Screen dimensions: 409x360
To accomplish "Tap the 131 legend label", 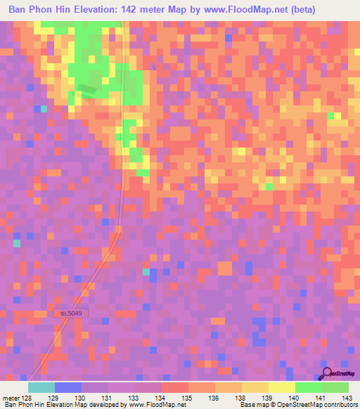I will [108, 397].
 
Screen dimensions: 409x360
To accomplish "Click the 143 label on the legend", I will [348, 397].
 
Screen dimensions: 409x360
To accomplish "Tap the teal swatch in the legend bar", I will [41, 387].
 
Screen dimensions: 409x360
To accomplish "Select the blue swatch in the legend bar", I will [67, 387].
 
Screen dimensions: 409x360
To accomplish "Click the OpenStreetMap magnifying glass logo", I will [326, 372].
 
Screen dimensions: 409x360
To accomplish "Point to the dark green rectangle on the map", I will [85, 90].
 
